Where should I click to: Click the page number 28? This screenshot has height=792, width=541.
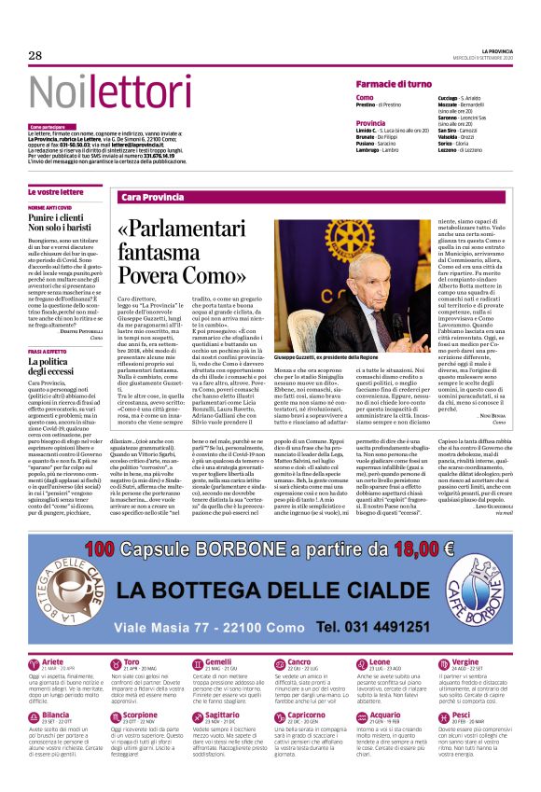click(x=35, y=56)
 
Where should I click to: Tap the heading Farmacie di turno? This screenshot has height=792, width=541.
click(x=394, y=84)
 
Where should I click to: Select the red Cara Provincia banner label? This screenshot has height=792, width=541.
click(x=153, y=198)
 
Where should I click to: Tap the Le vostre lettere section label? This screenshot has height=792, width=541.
click(x=55, y=191)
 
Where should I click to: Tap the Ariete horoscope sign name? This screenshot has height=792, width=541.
click(x=53, y=661)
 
